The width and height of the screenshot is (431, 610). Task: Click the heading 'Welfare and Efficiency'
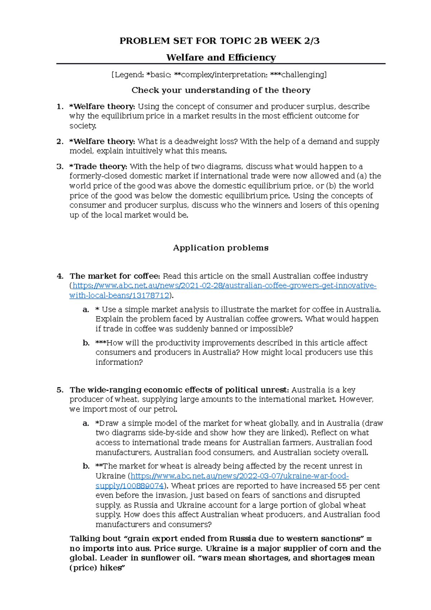point(221,57)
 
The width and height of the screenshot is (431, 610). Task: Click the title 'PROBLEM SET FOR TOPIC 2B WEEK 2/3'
point(219,41)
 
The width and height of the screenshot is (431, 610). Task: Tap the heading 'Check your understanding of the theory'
point(221,90)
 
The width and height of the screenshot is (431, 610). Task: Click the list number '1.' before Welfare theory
point(60,107)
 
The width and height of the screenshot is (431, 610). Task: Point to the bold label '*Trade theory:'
point(98,167)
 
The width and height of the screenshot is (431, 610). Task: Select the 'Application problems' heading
point(221,248)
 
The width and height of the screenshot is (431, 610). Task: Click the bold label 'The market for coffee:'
point(115,276)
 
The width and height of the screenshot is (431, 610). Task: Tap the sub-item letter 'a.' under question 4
point(86,310)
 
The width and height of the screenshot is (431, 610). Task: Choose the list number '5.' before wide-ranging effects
point(60,390)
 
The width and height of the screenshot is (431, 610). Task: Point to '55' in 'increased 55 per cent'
point(342,486)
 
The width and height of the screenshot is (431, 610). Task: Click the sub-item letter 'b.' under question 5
point(86,466)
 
